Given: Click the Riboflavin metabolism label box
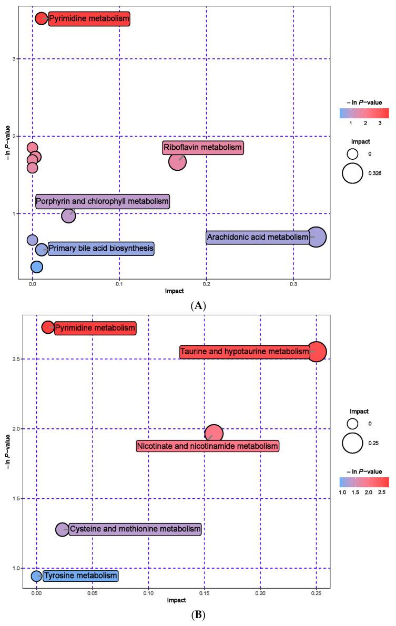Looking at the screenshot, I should [x=202, y=148].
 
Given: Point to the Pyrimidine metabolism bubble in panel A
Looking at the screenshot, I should [x=41, y=19].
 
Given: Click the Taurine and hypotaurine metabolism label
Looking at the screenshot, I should [x=245, y=352].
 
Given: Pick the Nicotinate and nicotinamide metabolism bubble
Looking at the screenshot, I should [x=214, y=434].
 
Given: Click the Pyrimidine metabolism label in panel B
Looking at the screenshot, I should [x=95, y=328].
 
